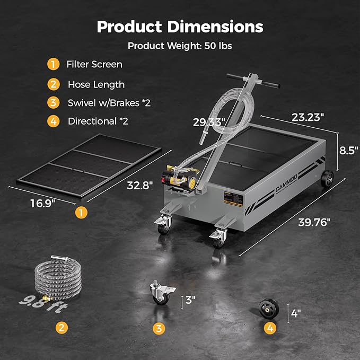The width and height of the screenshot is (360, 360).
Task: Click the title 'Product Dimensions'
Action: (180, 27)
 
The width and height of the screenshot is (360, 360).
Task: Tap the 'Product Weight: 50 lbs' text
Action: (180, 46)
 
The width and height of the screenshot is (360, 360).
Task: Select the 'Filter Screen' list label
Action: (94, 65)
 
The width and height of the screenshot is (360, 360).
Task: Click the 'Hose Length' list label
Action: (96, 84)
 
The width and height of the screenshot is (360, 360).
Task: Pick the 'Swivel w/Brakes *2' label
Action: (109, 103)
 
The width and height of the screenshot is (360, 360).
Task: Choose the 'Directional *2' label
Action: (98, 121)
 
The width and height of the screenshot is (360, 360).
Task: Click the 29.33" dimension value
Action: (209, 122)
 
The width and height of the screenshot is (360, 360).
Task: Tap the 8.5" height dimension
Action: (347, 150)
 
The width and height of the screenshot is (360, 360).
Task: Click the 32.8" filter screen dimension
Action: (140, 186)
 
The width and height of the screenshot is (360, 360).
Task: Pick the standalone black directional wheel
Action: (269, 309)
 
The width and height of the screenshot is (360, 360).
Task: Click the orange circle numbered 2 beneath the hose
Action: (63, 328)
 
